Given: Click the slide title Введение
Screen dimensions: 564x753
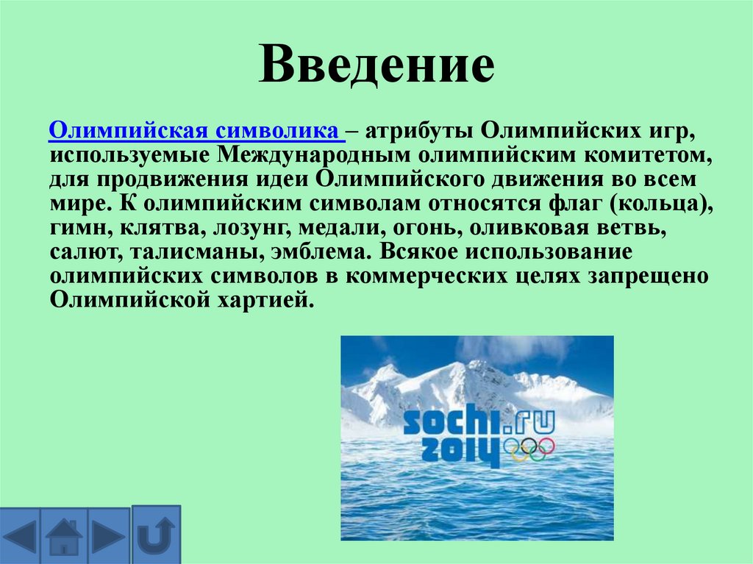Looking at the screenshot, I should click(x=376, y=66).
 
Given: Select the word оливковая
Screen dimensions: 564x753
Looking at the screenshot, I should click(x=522, y=229).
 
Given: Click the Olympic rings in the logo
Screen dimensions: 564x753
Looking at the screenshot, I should click(x=529, y=448).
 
